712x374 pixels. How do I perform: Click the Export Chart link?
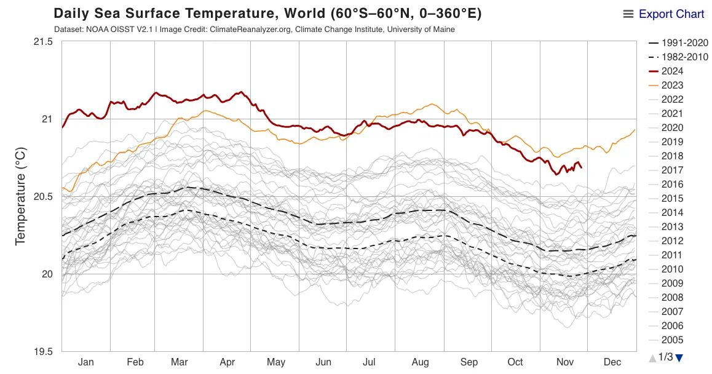671,14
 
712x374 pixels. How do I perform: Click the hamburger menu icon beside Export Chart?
628,14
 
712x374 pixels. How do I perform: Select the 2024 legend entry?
672,71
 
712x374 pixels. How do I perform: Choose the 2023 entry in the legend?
672,86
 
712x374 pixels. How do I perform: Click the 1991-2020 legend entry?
680,43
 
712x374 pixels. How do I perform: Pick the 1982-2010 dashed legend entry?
680,57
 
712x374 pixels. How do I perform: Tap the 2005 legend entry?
672,340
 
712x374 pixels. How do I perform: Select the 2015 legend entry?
672,199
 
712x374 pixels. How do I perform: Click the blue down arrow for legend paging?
679,357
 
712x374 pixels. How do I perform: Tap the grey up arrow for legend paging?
652,357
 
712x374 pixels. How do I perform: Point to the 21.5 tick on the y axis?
43,42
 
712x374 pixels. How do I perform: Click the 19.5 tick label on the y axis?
43,352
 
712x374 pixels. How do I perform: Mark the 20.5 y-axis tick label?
43,197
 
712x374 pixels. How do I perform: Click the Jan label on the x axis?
86,362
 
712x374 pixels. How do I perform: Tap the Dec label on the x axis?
613,362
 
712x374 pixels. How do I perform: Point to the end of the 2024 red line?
582,167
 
